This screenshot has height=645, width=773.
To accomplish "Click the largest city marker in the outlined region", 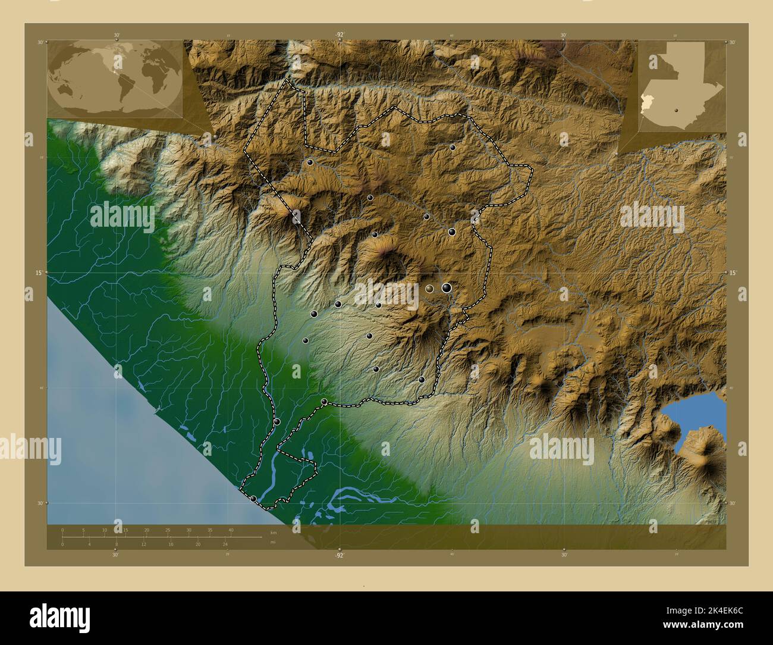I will coord(446,288).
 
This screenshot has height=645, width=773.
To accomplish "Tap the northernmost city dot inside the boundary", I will coord(453,147).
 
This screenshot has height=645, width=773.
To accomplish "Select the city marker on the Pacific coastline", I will coord(254,499).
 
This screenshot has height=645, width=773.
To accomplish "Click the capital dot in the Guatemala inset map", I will coord(677,109).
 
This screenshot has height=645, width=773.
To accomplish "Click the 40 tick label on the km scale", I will coord(231,530).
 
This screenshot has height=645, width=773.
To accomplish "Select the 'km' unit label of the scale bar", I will coord(273,533).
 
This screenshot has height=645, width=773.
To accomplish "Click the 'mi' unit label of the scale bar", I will coord(272,542).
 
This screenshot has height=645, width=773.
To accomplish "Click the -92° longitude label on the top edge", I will coord(339,35).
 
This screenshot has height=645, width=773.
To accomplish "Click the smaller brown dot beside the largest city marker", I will coord(429,289).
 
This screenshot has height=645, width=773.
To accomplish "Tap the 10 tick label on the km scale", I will coord(105,530).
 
